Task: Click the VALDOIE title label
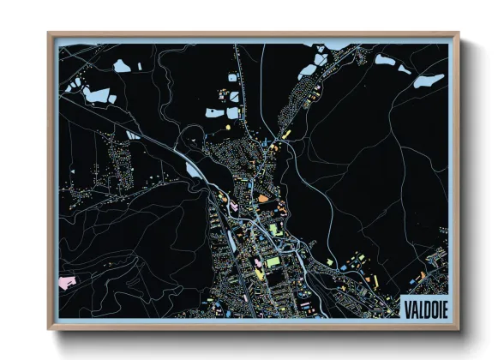[x=423, y=304]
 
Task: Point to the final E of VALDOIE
[x=442, y=304]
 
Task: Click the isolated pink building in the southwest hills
[x=63, y=281]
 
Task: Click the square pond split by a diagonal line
[x=232, y=111]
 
